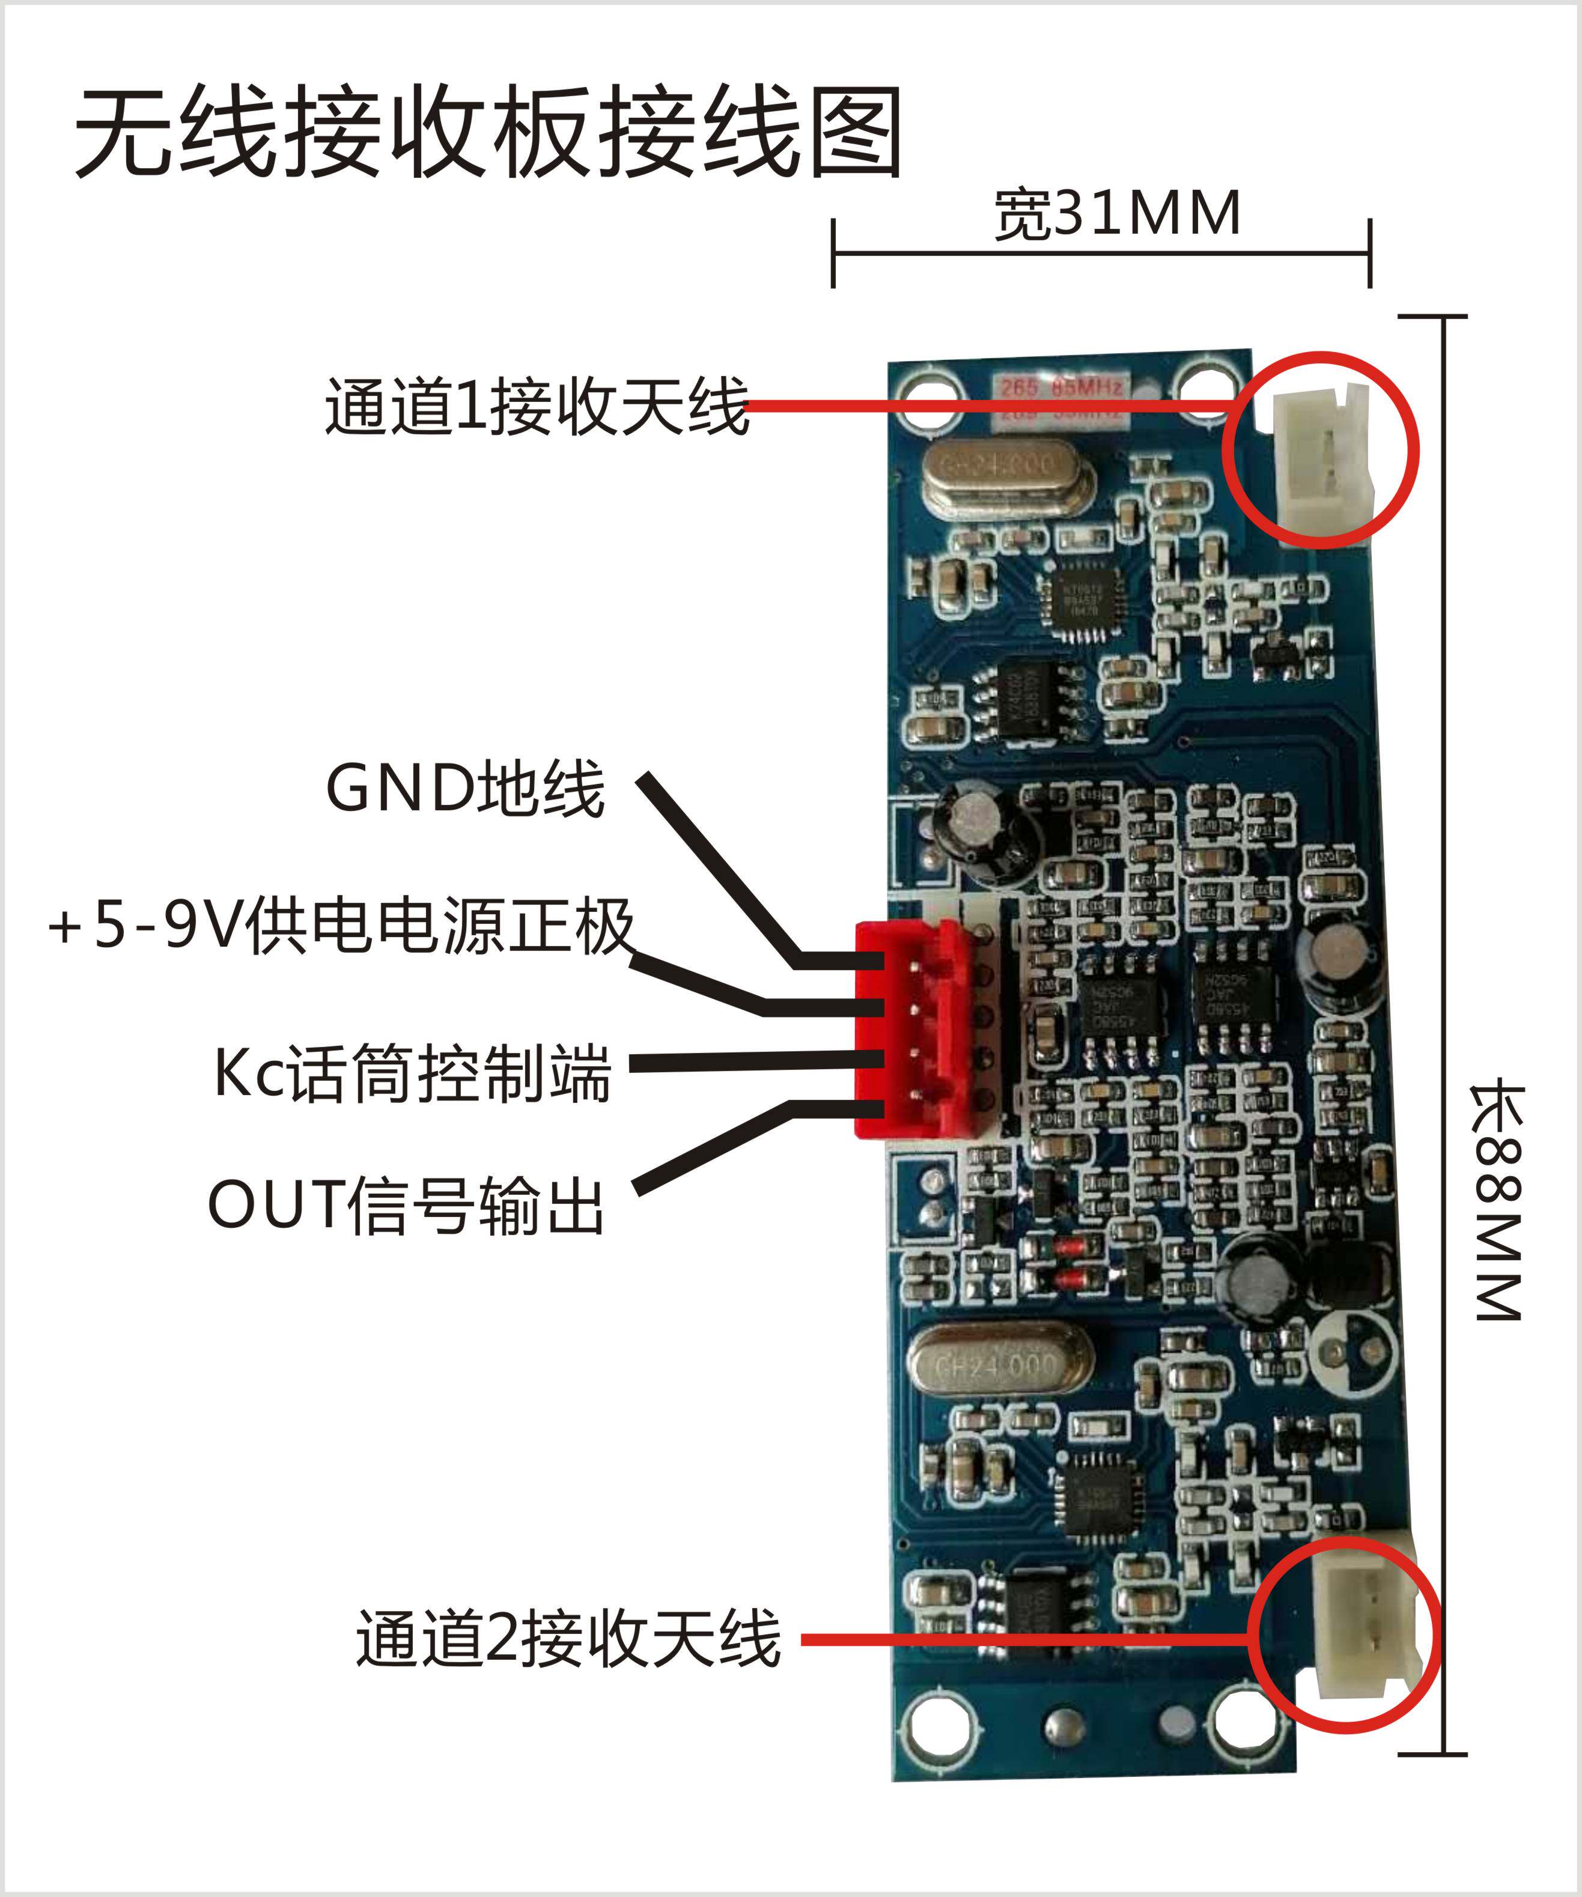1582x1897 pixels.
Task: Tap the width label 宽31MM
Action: (1118, 216)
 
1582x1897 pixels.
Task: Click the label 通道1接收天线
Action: (537, 407)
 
